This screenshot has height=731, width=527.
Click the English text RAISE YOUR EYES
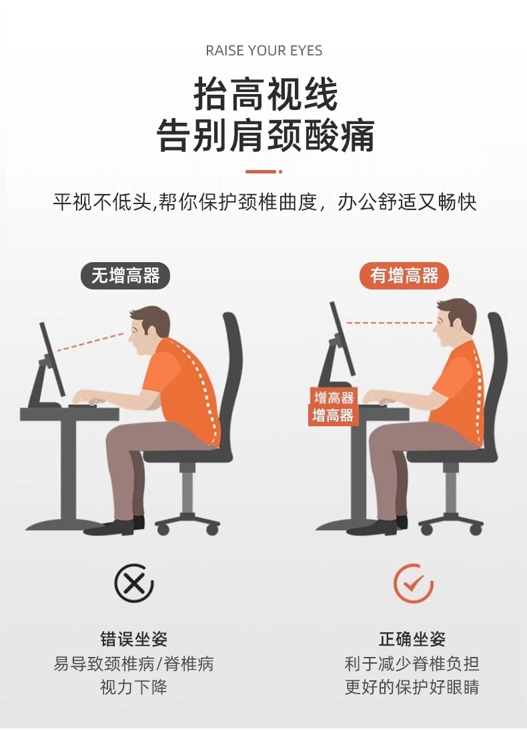pyautogui.click(x=263, y=51)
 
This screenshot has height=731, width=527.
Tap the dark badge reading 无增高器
pyautogui.click(x=125, y=276)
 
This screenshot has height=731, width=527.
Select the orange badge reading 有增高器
pyautogui.click(x=404, y=275)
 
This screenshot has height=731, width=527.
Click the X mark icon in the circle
pyautogui.click(x=133, y=584)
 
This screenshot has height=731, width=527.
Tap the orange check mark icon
pyautogui.click(x=413, y=584)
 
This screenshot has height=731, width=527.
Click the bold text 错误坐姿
pyautogui.click(x=133, y=640)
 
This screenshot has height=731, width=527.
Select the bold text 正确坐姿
pyautogui.click(x=412, y=640)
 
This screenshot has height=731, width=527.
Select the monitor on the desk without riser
pyautogui.click(x=52, y=360)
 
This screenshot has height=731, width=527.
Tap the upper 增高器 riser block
pyautogui.click(x=334, y=398)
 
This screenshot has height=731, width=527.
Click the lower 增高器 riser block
pyautogui.click(x=333, y=416)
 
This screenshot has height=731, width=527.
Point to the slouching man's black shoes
pyautogui.click(x=119, y=526)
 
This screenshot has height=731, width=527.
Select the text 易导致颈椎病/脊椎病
pyautogui.click(x=133, y=664)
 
